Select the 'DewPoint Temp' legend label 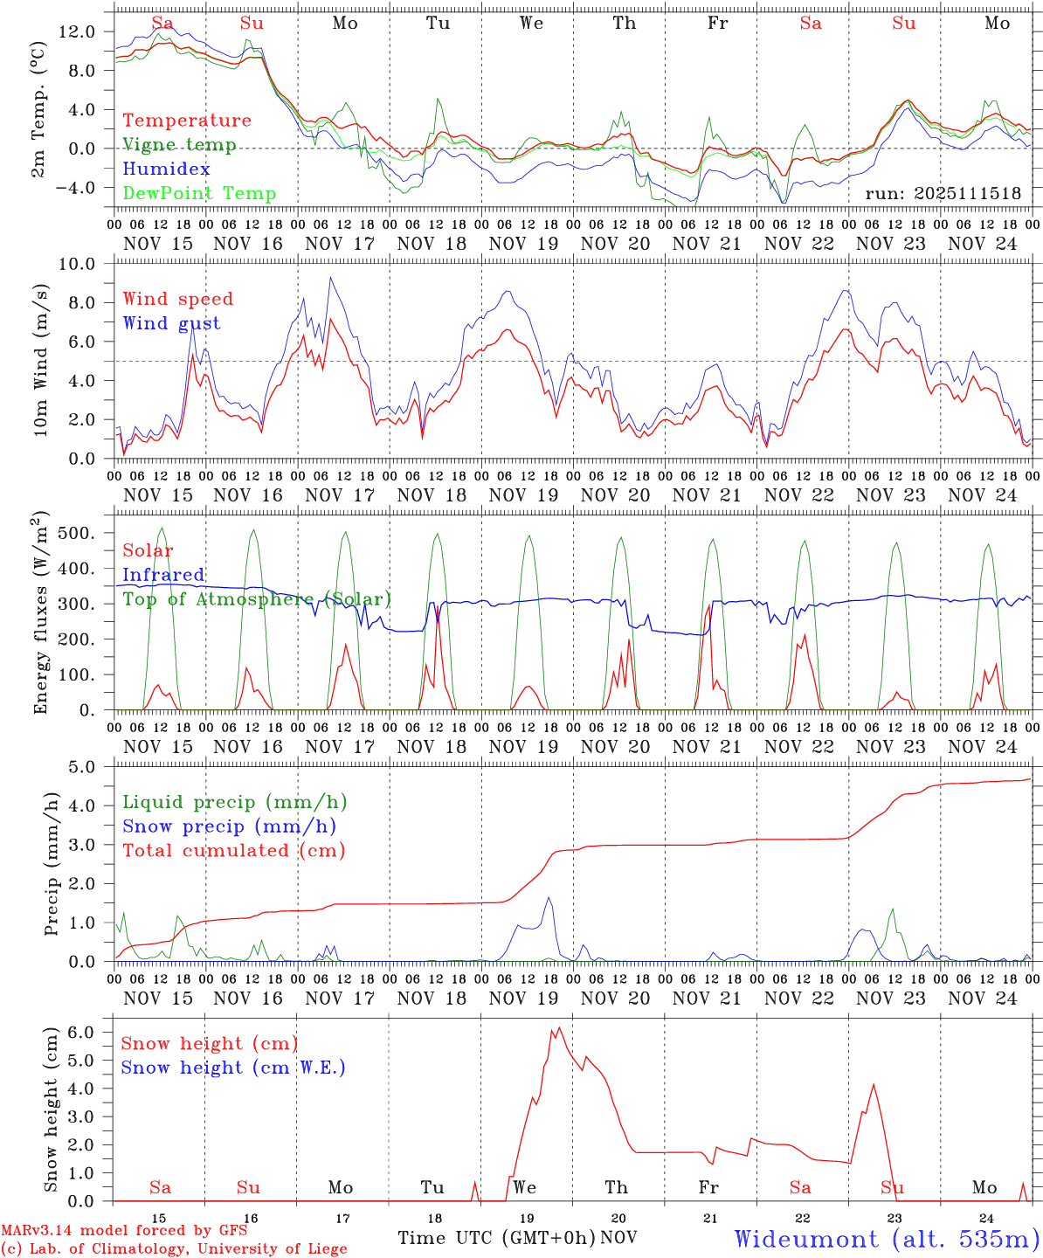tap(199, 194)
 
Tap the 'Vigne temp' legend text tap(179, 145)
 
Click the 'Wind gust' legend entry tap(172, 323)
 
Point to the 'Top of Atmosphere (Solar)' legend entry tap(257, 599)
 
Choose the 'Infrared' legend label tap(163, 575)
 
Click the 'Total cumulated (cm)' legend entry tap(234, 850)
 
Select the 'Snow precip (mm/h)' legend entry tap(230, 826)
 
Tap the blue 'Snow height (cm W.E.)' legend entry tap(233, 1068)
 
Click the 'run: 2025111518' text tap(943, 194)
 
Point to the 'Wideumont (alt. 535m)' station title tap(887, 1239)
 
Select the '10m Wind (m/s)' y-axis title tap(40, 360)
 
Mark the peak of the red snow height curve tap(559, 1028)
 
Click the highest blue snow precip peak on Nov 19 tap(549, 898)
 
